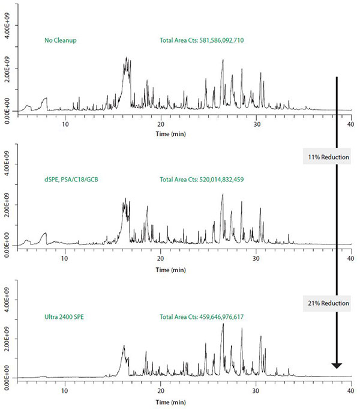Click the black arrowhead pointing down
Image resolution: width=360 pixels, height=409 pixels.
pos(337,365)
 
